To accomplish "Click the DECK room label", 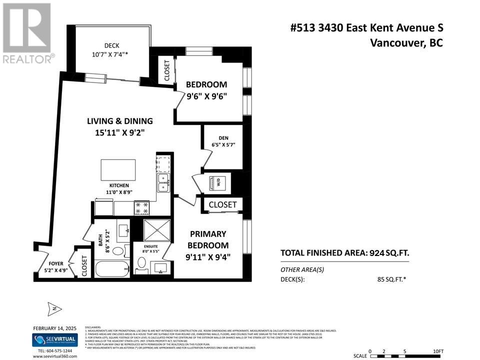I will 111,45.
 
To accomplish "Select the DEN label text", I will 223,138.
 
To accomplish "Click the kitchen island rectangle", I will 118,169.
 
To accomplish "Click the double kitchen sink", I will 163,182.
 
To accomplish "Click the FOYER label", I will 56,264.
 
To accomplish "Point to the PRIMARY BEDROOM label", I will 208,239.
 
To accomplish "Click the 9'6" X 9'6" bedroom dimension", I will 206,96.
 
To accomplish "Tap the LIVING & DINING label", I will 120,121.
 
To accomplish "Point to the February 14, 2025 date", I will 53,328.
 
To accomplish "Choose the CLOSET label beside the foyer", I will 84,266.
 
